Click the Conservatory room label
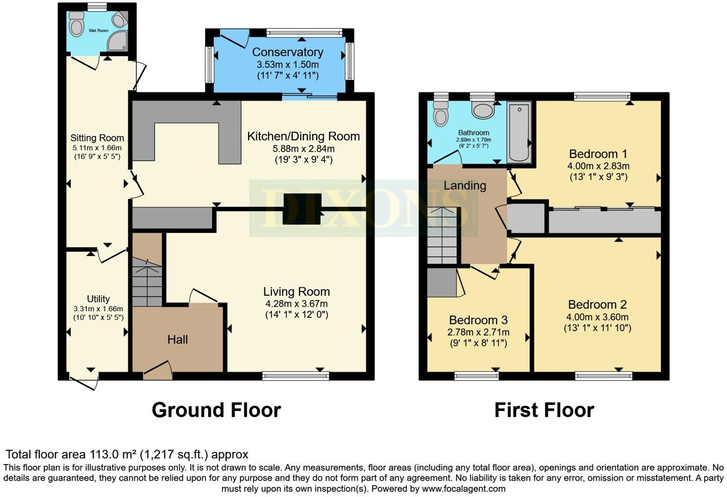[x=287, y=52]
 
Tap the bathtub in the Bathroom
[x=519, y=132]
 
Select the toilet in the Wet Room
[x=76, y=24]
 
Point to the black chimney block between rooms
[x=301, y=209]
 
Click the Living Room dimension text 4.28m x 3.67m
[x=297, y=303]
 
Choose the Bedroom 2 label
[x=597, y=304]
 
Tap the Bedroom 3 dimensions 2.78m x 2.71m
[x=478, y=332]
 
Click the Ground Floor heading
[x=216, y=410]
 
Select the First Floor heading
[x=544, y=410]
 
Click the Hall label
[x=177, y=339]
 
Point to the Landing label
[x=464, y=185]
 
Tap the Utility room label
[x=98, y=299]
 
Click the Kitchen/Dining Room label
[x=303, y=136]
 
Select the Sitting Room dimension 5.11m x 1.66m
[x=97, y=148]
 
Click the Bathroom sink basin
[x=483, y=110]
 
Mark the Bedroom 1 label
[x=598, y=154]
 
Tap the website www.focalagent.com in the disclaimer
[x=463, y=488]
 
